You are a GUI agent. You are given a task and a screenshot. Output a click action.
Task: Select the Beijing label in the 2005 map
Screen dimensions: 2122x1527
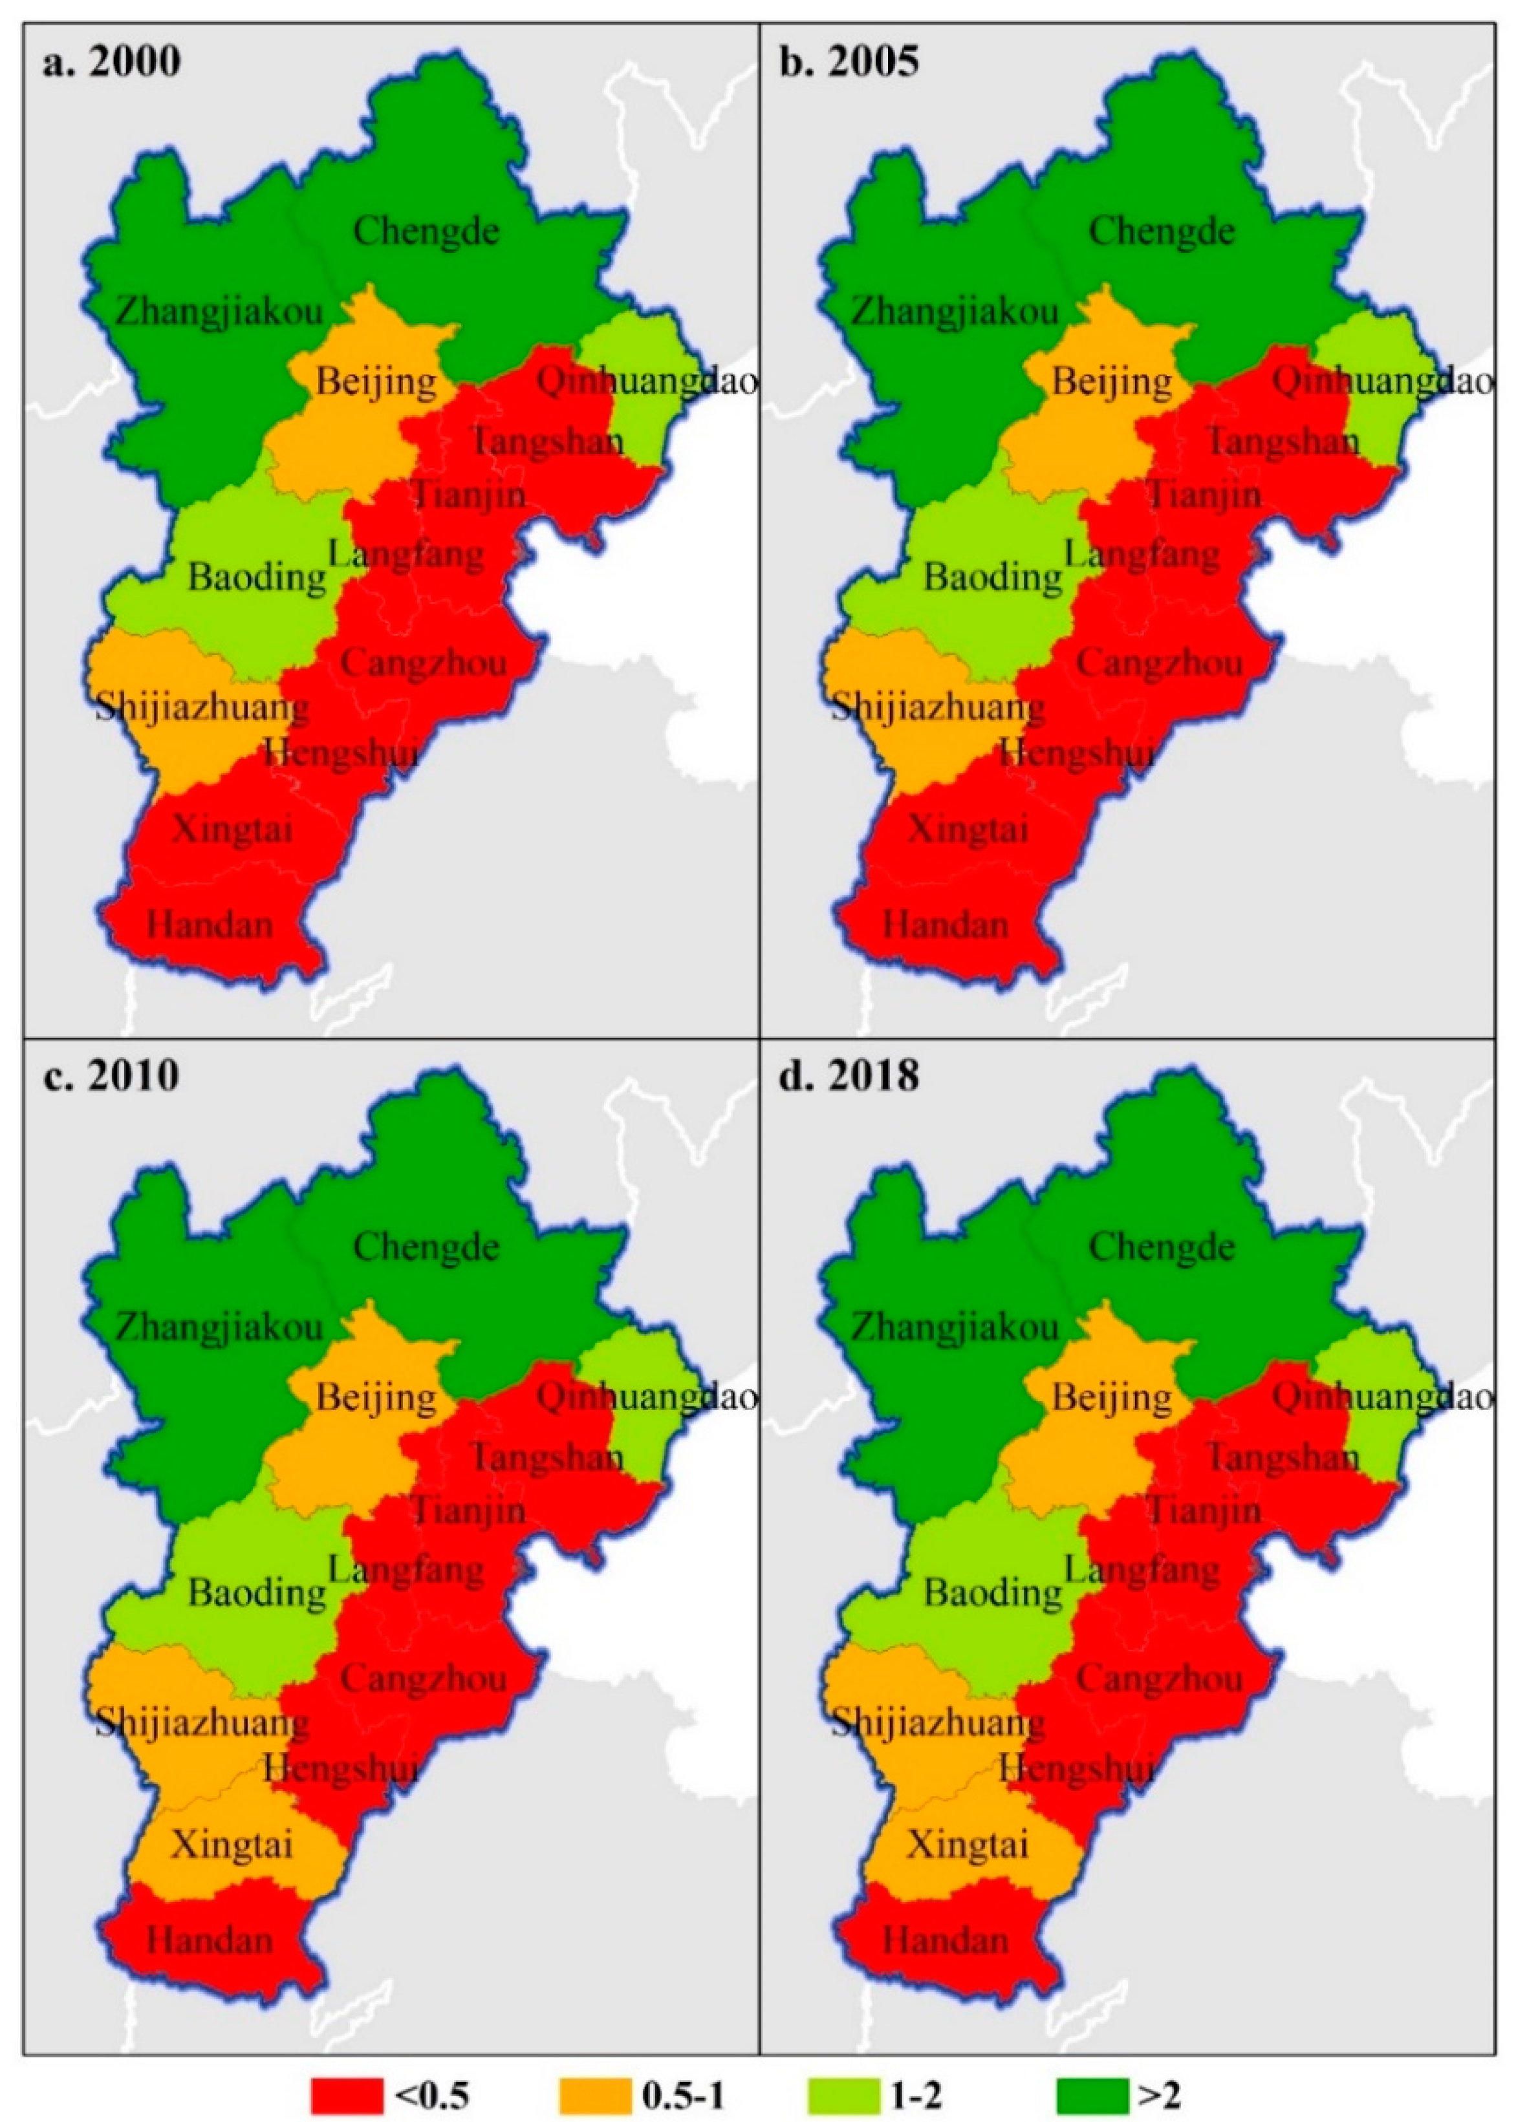click(x=1112, y=381)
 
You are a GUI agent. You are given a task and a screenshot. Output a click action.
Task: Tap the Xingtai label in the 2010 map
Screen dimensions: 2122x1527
click(x=232, y=1845)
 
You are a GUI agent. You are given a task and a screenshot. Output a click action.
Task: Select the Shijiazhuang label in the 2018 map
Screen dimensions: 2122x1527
click(x=938, y=1722)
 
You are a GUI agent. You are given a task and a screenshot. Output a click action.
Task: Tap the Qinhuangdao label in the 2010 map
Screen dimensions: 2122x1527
click(x=645, y=1398)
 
